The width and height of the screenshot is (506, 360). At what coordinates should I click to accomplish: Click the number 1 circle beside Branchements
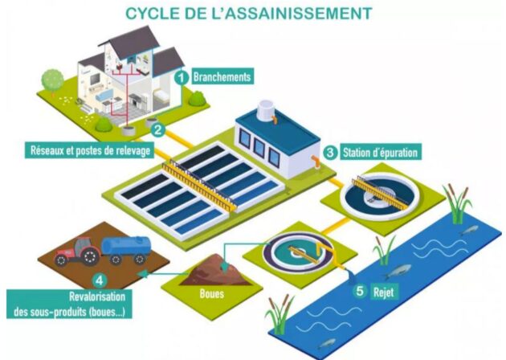pyautogui.click(x=182, y=77)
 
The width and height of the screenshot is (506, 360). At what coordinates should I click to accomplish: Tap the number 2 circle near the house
pyautogui.click(x=158, y=130)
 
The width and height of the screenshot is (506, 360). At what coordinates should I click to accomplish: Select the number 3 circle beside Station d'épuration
pyautogui.click(x=330, y=152)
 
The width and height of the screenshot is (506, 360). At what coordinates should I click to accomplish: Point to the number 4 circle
pyautogui.click(x=100, y=280)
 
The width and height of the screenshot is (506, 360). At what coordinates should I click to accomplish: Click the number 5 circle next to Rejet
pyautogui.click(x=360, y=291)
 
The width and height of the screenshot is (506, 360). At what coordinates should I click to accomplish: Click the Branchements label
pyautogui.click(x=222, y=77)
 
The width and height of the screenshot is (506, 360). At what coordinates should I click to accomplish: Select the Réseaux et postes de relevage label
pyautogui.click(x=90, y=150)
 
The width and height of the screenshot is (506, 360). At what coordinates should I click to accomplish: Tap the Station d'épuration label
pyautogui.click(x=380, y=152)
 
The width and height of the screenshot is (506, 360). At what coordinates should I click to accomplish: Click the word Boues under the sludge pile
pyautogui.click(x=212, y=293)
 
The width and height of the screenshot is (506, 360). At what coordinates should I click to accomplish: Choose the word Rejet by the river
pyautogui.click(x=384, y=292)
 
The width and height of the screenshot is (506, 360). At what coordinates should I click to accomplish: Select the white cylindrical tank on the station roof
pyautogui.click(x=267, y=110)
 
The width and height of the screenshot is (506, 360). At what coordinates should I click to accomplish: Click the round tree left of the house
pyautogui.click(x=52, y=80)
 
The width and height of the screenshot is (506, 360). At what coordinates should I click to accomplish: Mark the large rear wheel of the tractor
pyautogui.click(x=90, y=256)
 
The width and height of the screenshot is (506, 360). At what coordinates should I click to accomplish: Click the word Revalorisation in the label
pyautogui.click(x=97, y=297)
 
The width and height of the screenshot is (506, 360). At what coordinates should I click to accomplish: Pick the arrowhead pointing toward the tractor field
pyautogui.click(x=142, y=274)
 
